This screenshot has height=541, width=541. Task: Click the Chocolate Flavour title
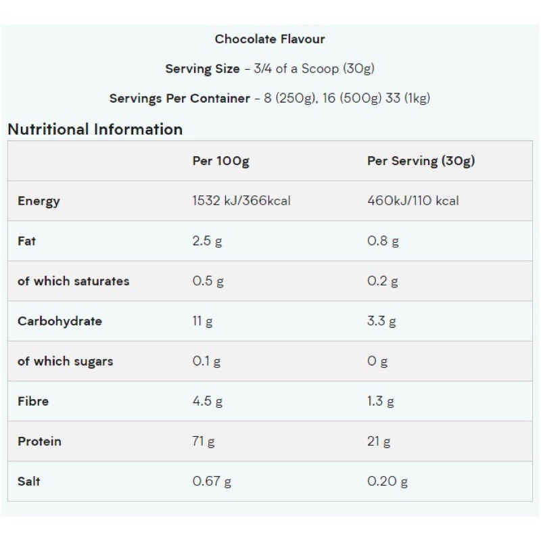point(270,39)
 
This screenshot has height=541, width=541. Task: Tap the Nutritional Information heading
point(95,129)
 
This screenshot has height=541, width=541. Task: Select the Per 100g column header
point(220,161)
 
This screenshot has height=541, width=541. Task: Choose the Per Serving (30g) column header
point(421,161)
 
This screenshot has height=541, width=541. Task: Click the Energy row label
point(39,201)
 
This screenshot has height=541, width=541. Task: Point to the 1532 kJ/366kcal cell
point(241,201)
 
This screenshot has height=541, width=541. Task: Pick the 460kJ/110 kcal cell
point(413,201)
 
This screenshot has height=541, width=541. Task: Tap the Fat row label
point(26,241)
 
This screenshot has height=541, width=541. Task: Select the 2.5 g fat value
point(207,241)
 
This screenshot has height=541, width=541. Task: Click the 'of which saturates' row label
point(73,281)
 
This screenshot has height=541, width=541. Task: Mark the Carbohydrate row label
point(60,321)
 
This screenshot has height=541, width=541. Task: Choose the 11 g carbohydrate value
point(202,321)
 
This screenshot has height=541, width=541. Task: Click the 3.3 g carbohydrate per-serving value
point(381,321)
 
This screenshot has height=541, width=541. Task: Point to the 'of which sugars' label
point(65,361)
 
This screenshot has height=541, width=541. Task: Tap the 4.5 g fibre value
point(207,401)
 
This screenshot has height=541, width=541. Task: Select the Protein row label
point(39,441)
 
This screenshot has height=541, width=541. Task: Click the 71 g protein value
point(204,441)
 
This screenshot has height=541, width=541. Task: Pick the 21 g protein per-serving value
point(379,441)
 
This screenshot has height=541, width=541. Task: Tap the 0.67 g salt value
point(212,481)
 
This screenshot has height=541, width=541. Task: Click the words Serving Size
point(202,69)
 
